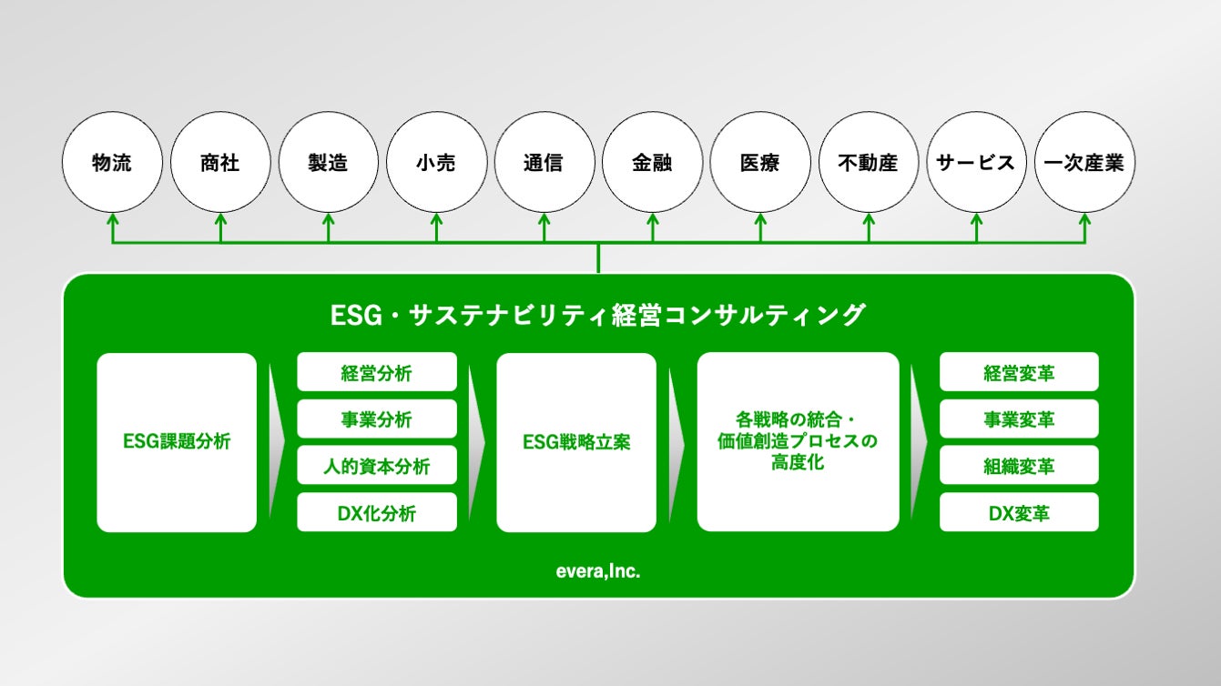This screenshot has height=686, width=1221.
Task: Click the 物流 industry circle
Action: click(x=112, y=163)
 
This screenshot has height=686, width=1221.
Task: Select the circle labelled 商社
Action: click(x=219, y=163)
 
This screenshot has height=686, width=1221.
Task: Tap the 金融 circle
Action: click(x=652, y=163)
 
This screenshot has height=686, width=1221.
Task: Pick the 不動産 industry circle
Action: click(x=868, y=163)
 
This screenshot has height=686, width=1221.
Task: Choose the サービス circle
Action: click(x=976, y=163)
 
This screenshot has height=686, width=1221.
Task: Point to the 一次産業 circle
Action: click(x=1084, y=163)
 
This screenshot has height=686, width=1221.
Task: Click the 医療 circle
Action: click(x=760, y=163)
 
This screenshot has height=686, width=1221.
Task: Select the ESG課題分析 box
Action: click(x=177, y=442)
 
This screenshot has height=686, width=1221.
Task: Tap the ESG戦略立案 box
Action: click(x=576, y=442)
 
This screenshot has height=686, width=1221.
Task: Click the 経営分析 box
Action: click(x=377, y=372)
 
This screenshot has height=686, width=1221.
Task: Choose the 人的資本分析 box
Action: click(x=377, y=466)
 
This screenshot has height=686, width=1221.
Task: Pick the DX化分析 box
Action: click(x=377, y=513)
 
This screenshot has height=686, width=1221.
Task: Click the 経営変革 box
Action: click(x=1019, y=372)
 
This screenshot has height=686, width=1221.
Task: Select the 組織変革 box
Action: click(x=1019, y=466)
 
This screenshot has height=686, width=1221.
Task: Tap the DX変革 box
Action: click(x=1019, y=513)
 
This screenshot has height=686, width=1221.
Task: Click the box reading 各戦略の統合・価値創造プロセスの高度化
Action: click(x=798, y=442)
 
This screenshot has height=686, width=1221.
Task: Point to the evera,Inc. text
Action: click(x=598, y=572)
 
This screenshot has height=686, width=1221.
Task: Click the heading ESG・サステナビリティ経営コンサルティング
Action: click(x=598, y=316)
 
